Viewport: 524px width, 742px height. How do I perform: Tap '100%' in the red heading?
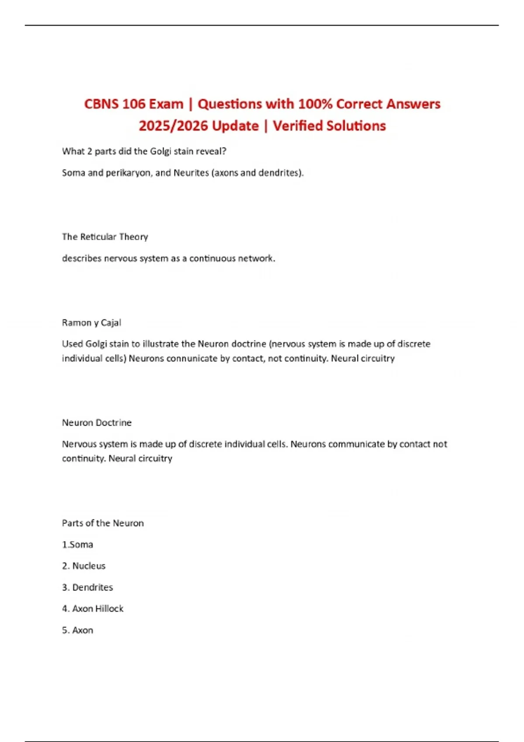[x=315, y=104]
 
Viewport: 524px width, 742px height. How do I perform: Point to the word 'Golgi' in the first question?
[x=160, y=151]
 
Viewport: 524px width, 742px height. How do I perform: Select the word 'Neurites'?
[x=191, y=173]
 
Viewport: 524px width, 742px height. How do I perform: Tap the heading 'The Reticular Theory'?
[x=105, y=237]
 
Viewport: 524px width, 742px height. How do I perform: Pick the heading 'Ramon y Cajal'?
[x=91, y=323]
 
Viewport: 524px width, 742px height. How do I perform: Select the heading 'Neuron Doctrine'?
[x=97, y=423]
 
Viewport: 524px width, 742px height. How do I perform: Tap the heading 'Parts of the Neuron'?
[x=103, y=523]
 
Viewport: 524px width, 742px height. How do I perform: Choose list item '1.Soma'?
[x=77, y=545]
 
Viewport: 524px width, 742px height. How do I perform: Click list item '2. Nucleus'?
[x=84, y=566]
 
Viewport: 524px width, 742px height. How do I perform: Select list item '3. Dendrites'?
[x=87, y=587]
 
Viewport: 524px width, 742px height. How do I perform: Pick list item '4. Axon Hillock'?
[x=93, y=609]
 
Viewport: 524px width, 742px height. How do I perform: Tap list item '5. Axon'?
[x=77, y=630]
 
